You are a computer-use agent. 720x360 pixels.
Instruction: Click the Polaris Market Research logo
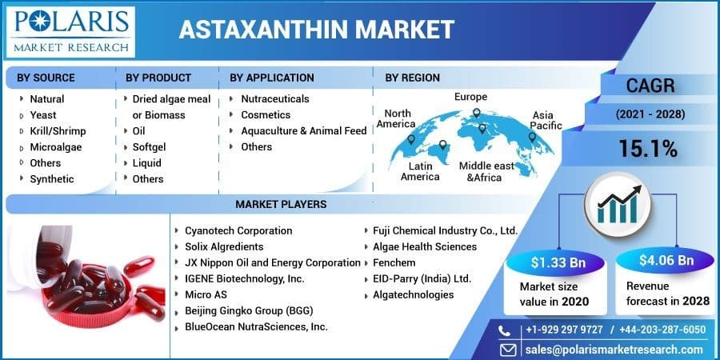[70, 32]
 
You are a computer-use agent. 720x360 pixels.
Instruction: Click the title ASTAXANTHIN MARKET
[316, 30]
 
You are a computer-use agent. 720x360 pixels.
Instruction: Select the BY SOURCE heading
[46, 78]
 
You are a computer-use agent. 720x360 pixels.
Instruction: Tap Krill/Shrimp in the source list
[58, 131]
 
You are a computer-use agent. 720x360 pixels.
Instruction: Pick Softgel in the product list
[150, 147]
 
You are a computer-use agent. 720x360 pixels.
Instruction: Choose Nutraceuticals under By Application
[275, 98]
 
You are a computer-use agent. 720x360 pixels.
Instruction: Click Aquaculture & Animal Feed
[304, 131]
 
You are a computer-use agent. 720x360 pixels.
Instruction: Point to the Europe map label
[470, 97]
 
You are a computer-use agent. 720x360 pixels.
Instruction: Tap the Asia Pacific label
[546, 120]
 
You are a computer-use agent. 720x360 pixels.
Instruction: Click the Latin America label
[420, 171]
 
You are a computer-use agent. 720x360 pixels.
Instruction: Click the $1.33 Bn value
[558, 262]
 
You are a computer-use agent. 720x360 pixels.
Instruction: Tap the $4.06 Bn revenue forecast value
[666, 260]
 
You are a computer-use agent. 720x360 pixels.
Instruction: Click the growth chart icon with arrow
[617, 204]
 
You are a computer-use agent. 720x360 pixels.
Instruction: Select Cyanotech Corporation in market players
[238, 230]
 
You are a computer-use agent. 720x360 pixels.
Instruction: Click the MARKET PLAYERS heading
[281, 204]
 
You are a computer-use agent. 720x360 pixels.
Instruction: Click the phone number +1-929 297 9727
[564, 330]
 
